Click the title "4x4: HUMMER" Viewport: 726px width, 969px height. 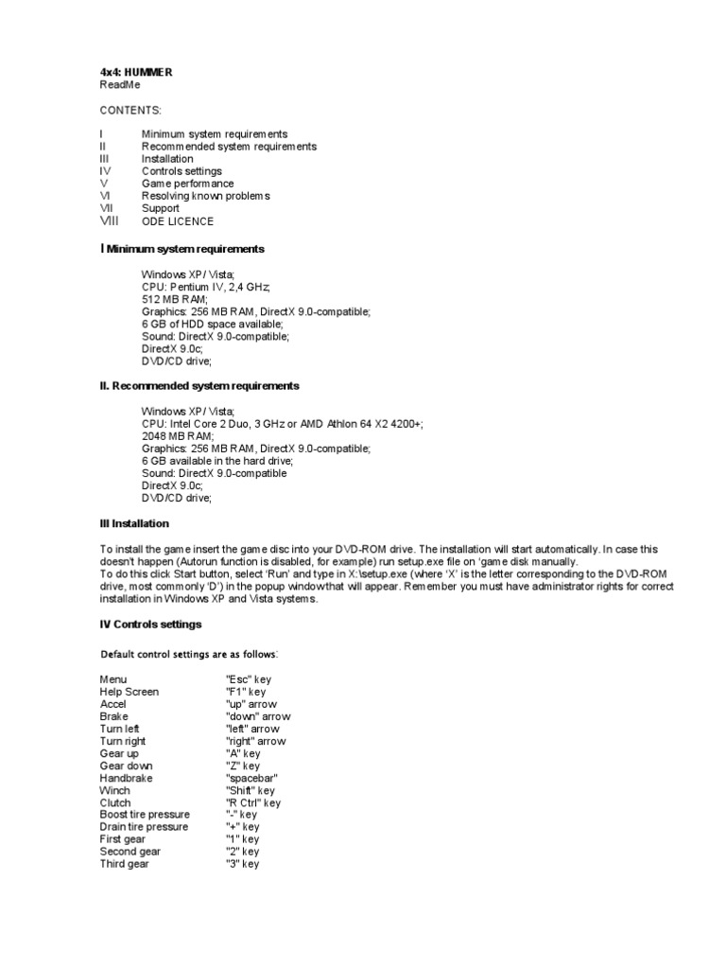click(136, 72)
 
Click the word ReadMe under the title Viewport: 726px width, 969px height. click(120, 84)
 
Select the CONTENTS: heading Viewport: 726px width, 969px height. click(130, 110)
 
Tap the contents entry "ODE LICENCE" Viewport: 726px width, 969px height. click(178, 221)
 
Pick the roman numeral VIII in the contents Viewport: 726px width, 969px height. click(112, 220)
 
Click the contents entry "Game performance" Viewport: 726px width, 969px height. click(188, 184)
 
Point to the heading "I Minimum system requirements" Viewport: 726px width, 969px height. click(181, 249)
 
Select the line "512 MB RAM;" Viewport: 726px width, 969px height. click(175, 299)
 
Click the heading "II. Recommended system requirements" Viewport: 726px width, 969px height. click(199, 386)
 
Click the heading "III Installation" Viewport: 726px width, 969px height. click(135, 523)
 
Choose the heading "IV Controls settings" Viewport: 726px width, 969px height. click(150, 625)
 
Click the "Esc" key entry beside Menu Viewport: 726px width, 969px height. click(249, 679)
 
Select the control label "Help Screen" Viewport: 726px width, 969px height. click(130, 692)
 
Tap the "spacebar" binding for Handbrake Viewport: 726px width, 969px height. click(251, 778)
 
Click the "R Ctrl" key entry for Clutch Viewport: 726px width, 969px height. click(253, 802)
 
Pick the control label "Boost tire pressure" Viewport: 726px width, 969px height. click(145, 815)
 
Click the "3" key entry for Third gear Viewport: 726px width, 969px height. click(242, 864)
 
